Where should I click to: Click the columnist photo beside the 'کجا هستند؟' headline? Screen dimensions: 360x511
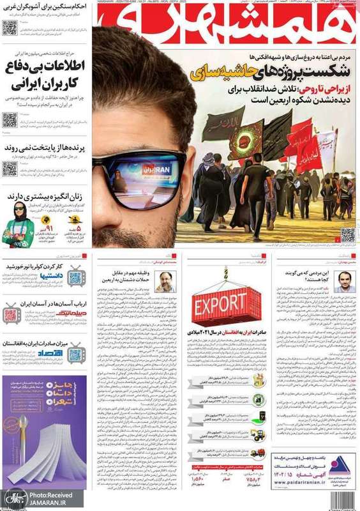pyautogui.click(x=344, y=282)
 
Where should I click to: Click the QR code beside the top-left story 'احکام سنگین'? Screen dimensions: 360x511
pyautogui.click(x=10, y=27)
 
